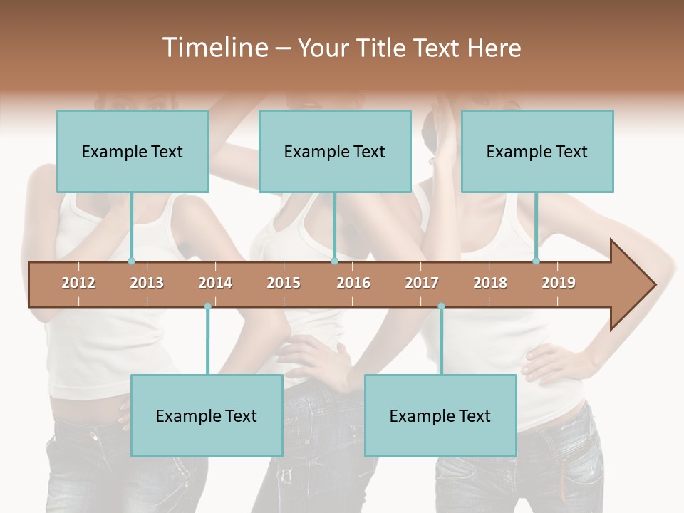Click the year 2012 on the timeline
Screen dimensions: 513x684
tap(78, 283)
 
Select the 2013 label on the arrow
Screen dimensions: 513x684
tap(147, 283)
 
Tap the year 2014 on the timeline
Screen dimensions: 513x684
tap(215, 283)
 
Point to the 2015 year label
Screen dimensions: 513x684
tap(284, 283)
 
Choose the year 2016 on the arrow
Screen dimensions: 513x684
tap(353, 283)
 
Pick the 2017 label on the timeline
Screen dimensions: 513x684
tap(422, 283)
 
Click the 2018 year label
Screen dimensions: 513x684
tap(490, 283)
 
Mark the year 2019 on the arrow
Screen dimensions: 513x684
tap(559, 283)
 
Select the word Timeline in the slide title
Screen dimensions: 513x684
tap(214, 48)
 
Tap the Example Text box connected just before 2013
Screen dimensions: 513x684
tap(133, 151)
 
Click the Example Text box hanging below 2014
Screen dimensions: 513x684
tap(207, 415)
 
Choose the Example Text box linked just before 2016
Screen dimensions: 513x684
tap(335, 151)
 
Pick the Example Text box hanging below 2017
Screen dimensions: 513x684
tap(440, 415)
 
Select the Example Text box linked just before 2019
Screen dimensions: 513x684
tap(537, 151)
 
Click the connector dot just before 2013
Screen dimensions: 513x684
tap(131, 261)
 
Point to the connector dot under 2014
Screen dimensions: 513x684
tap(207, 306)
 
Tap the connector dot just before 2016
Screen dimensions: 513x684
tap(334, 261)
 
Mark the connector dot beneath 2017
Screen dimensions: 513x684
tap(441, 306)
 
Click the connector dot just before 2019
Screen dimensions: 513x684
tap(537, 261)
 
